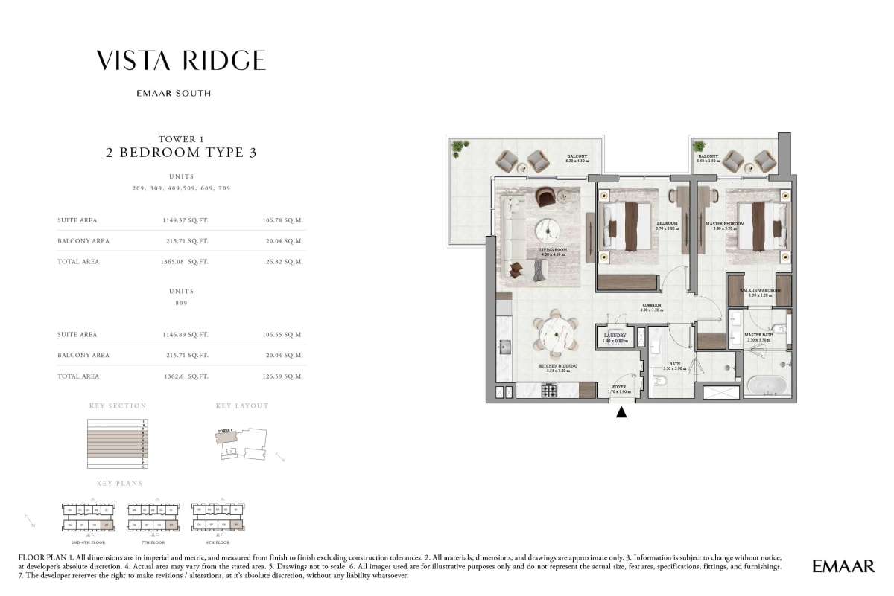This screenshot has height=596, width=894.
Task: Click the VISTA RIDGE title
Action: click(181, 61)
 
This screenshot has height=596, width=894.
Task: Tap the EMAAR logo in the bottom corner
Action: click(844, 567)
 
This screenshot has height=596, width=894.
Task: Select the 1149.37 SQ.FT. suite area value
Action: click(186, 220)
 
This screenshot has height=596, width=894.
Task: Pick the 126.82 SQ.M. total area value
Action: click(285, 262)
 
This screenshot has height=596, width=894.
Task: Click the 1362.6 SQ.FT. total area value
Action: click(186, 376)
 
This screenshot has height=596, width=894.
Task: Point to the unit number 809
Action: click(181, 303)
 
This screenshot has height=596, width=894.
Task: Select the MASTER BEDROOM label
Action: click(725, 224)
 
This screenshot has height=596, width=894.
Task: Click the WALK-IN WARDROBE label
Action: click(759, 291)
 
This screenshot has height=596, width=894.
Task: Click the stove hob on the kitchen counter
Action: click(550, 389)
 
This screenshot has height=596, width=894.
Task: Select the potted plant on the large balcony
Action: click(457, 147)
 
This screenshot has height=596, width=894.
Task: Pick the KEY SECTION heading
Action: click(118, 406)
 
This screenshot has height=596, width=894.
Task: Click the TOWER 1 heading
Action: click(181, 139)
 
